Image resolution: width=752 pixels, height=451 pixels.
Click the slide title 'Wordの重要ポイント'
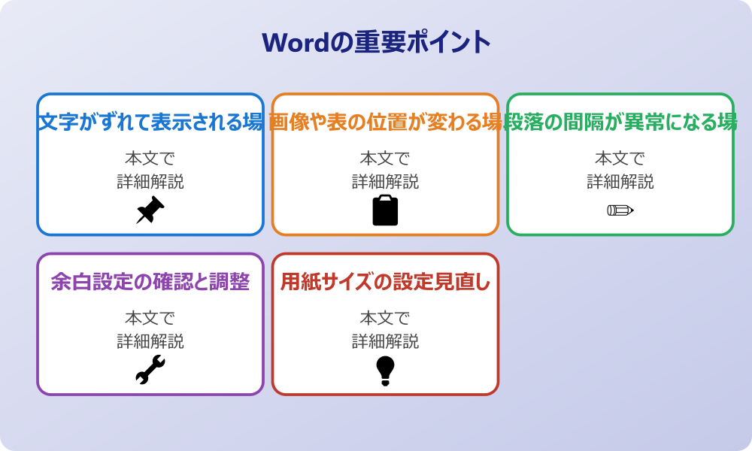pyautogui.click(x=376, y=42)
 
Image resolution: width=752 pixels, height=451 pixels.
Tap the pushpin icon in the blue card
pyautogui.click(x=150, y=210)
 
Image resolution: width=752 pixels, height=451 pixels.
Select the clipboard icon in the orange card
pyautogui.click(x=385, y=210)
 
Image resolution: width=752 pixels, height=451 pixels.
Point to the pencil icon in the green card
pyautogui.click(x=620, y=210)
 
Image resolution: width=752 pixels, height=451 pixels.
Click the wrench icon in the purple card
pyautogui.click(x=150, y=370)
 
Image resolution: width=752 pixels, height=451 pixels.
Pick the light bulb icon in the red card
pyautogui.click(x=385, y=370)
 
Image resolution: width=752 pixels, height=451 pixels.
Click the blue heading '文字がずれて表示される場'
pyautogui.click(x=150, y=122)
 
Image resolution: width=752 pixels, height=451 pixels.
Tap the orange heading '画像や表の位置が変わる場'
pyautogui.click(x=385, y=122)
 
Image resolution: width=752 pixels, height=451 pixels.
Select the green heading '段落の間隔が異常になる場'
pyautogui.click(x=620, y=122)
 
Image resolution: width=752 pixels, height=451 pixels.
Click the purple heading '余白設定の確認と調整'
pyautogui.click(x=150, y=282)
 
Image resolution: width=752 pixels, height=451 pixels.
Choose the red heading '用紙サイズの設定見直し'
pyautogui.click(x=385, y=282)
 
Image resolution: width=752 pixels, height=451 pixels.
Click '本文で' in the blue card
pyautogui.click(x=150, y=159)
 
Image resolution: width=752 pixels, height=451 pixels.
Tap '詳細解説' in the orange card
pyautogui.click(x=385, y=182)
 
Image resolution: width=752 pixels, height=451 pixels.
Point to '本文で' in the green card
pyautogui.click(x=620, y=159)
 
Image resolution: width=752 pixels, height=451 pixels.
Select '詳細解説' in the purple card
pyautogui.click(x=150, y=341)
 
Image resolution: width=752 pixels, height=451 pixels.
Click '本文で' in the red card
pyautogui.click(x=385, y=318)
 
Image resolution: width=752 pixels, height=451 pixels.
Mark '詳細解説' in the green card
pyautogui.click(x=620, y=182)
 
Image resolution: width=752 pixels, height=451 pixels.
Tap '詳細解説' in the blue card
pyautogui.click(x=150, y=182)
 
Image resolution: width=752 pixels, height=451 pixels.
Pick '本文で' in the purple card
pyautogui.click(x=150, y=318)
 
